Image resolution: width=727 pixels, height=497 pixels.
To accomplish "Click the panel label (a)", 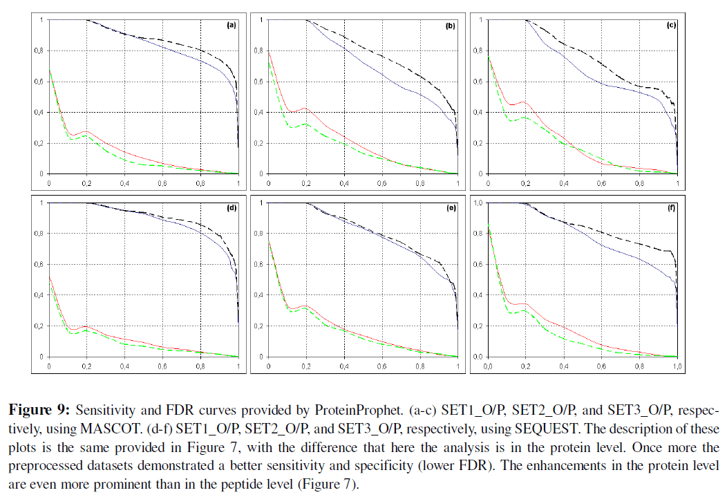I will click(232, 25).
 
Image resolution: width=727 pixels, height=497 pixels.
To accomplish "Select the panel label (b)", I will click(450, 25).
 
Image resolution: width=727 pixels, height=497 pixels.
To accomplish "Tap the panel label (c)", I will click(670, 25).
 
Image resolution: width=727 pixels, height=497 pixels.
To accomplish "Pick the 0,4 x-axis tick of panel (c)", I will click(563, 185).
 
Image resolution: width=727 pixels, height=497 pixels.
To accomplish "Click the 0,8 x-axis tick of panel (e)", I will click(419, 366).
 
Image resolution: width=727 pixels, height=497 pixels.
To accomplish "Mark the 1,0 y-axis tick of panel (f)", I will click(477, 203).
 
